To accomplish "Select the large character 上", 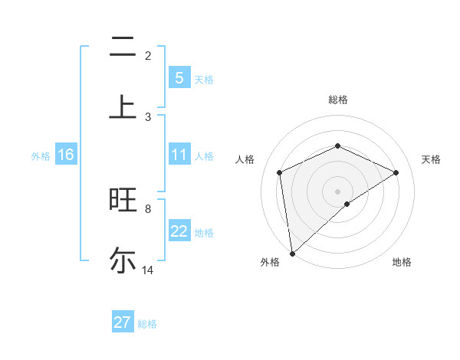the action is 122,106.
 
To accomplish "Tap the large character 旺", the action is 122,201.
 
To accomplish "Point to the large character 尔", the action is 122,260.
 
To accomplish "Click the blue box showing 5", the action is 179,78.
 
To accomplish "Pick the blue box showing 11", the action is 179,155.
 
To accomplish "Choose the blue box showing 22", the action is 179,232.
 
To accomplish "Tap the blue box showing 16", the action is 66,155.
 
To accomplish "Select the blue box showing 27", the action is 123,322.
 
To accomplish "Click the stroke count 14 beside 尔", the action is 148,270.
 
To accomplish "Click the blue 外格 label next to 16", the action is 41,156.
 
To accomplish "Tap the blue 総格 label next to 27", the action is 148,324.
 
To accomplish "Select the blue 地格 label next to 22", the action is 204,233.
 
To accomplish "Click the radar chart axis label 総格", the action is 337,100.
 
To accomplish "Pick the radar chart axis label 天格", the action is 431,159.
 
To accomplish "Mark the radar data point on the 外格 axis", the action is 291,254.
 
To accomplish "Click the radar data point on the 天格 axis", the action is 396,172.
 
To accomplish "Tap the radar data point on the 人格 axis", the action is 280,172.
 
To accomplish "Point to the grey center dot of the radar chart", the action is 337,191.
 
